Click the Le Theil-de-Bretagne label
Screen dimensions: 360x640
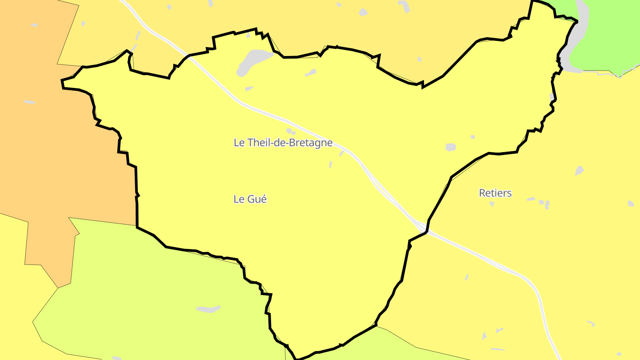283,143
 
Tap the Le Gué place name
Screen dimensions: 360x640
250,199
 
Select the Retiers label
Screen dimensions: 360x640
495,193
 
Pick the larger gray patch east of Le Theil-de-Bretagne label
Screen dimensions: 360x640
451,147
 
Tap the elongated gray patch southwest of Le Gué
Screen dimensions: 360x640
208,309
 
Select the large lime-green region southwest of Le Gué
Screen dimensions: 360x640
147,289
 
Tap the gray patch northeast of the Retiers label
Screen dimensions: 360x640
579,171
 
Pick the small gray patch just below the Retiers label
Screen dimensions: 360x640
492,204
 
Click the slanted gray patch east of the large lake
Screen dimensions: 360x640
311,72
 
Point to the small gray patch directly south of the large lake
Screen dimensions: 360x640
249,89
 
